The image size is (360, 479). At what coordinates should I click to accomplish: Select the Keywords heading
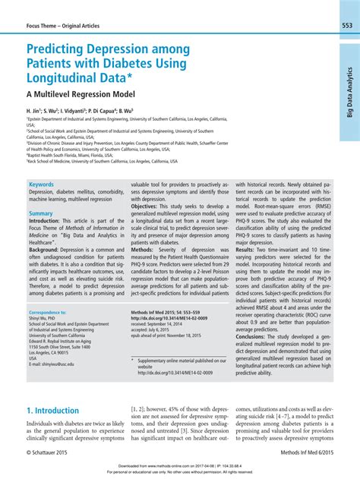click(41, 184)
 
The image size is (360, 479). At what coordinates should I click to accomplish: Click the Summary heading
click(41, 213)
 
